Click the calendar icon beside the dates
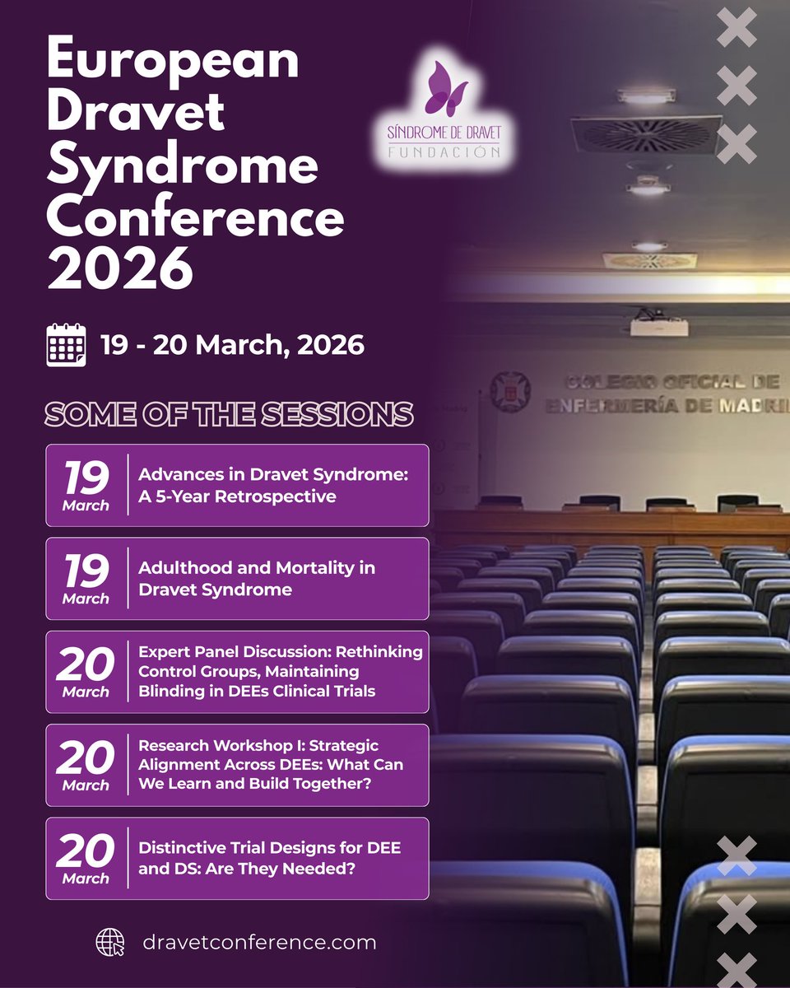[x=66, y=345]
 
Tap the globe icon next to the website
[x=110, y=942]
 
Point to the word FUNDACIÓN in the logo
[x=444, y=152]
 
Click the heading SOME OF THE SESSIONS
[x=230, y=414]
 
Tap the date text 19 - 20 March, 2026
[x=232, y=345]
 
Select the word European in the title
[x=173, y=61]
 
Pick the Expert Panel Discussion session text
[x=280, y=671]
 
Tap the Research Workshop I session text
[x=272, y=765]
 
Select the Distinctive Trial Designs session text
[x=270, y=857]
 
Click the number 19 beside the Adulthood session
[x=86, y=570]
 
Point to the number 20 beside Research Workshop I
[x=86, y=757]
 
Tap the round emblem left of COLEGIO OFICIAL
[x=510, y=389]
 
